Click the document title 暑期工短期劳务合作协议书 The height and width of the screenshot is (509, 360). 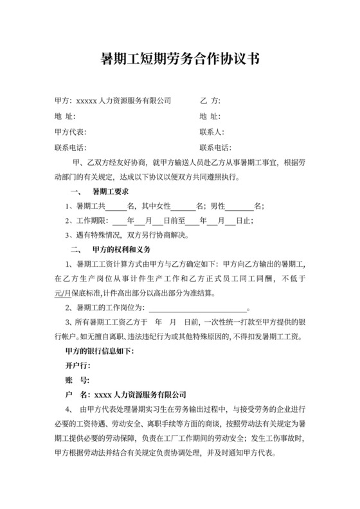pyautogui.click(x=180, y=60)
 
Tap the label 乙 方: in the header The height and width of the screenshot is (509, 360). pyautogui.click(x=210, y=101)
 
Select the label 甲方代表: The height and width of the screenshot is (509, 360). pyautogui.click(x=70, y=132)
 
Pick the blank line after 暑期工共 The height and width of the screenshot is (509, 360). pyautogui.click(x=116, y=207)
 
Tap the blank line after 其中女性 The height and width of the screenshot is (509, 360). pyautogui.click(x=183, y=207)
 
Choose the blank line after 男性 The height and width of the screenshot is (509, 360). pyautogui.click(x=240, y=207)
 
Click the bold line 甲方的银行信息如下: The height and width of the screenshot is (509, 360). pyautogui.click(x=95, y=350)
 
